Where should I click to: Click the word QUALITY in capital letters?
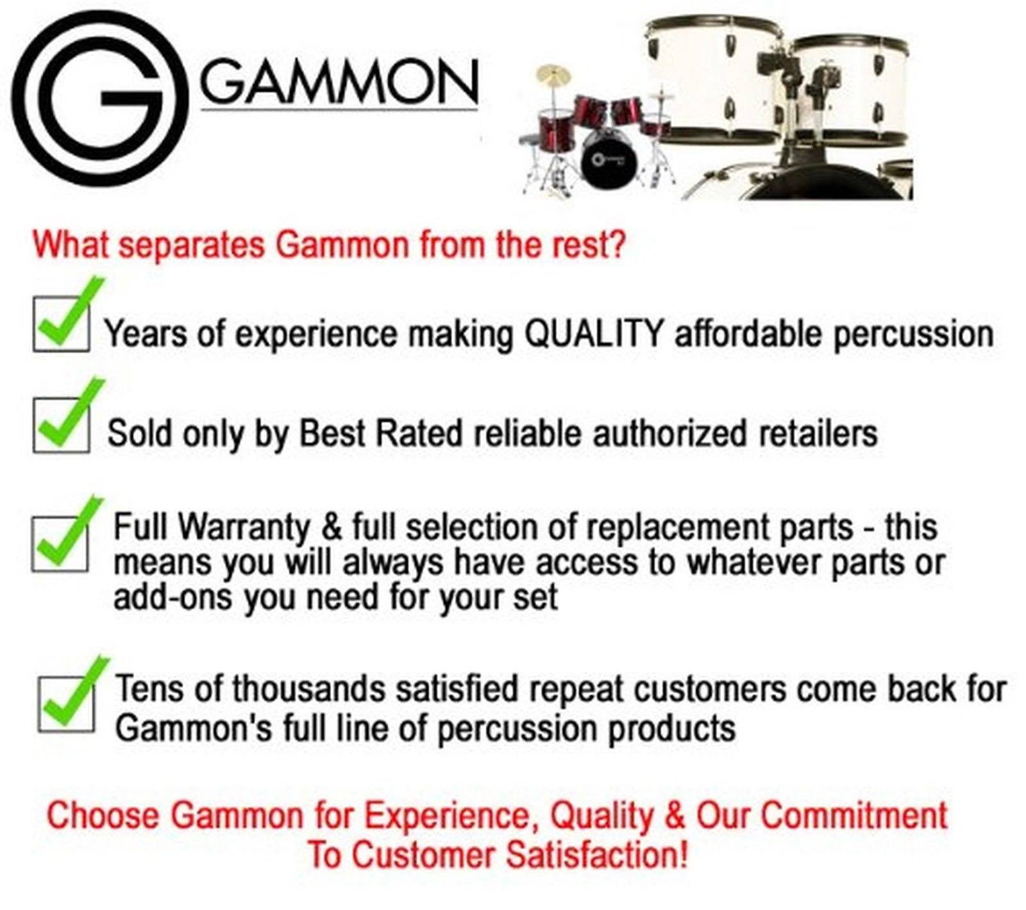tap(593, 333)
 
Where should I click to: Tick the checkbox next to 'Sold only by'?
tap(61, 424)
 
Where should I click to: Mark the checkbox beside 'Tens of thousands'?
tap(65, 704)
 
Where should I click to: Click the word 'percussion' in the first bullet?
tap(913, 335)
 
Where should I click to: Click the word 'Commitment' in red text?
tap(854, 816)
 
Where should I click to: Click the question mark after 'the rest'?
tap(617, 244)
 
